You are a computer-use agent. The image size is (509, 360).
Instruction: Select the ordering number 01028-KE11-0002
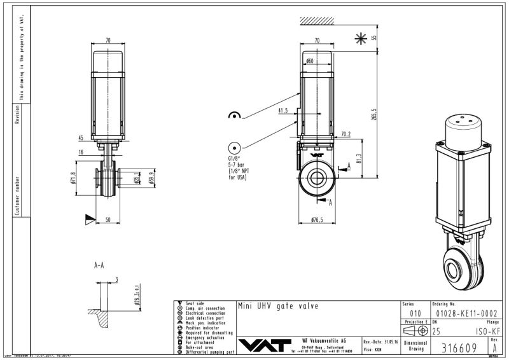(464, 313)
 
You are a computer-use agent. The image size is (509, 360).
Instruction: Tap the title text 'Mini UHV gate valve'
(277, 306)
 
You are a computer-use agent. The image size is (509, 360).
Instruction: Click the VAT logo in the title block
(267, 343)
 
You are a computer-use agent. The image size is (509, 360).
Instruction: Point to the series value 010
(415, 313)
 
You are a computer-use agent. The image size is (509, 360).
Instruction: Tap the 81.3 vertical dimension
(359, 157)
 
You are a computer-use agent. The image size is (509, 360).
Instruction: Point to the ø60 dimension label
(309, 61)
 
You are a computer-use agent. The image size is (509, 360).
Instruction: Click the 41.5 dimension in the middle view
(283, 110)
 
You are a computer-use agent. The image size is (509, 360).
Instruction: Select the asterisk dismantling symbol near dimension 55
(361, 39)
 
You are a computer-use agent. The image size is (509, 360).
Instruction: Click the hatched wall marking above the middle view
(319, 21)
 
